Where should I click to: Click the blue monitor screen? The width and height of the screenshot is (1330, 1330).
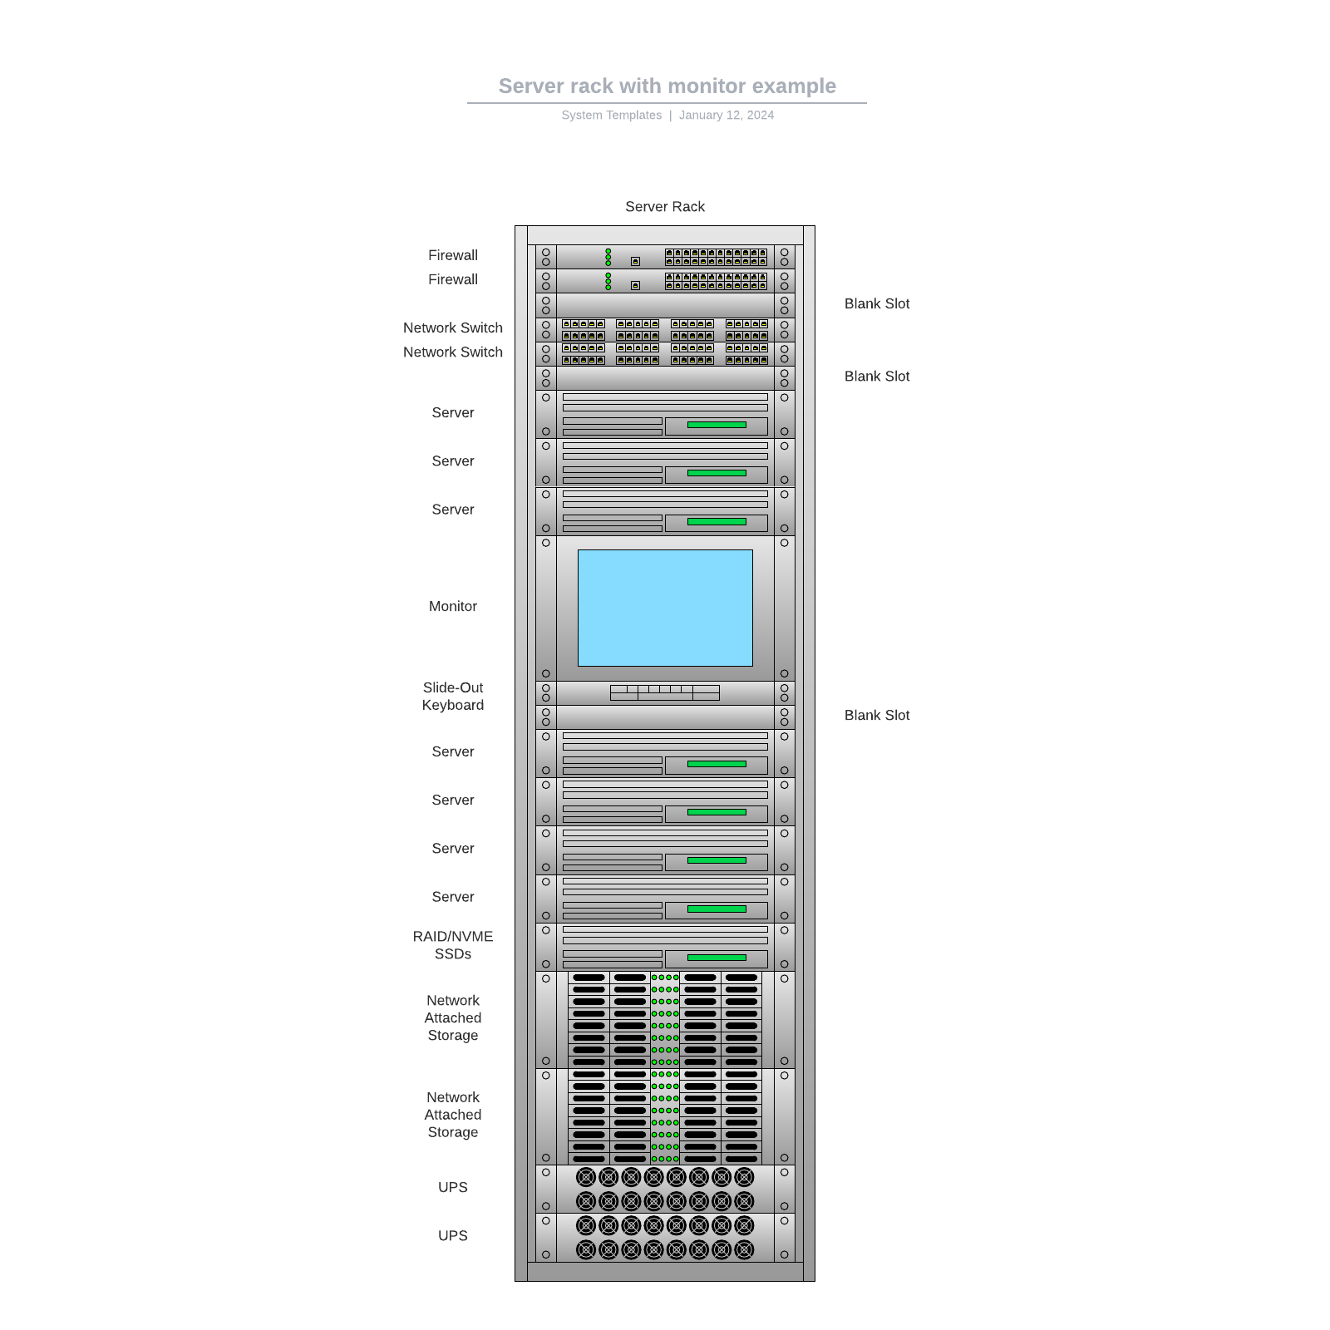665,608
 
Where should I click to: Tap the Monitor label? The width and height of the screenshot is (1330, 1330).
453,607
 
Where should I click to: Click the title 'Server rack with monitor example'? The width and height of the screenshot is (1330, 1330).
667,86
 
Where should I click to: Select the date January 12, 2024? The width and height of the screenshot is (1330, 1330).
726,116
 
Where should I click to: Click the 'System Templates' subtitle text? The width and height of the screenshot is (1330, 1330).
611,116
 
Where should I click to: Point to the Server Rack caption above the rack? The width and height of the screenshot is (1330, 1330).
664,207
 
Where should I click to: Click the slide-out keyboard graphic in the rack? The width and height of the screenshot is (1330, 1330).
664,692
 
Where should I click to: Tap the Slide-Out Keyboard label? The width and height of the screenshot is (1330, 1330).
453,697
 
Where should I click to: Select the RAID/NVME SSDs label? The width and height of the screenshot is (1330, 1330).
453,945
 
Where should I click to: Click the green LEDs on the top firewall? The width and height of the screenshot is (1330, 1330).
608,257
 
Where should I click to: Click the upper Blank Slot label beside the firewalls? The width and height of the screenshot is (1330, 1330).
876,304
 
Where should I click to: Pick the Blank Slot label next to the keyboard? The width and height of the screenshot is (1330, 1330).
876,716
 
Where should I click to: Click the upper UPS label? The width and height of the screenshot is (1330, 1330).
453,1188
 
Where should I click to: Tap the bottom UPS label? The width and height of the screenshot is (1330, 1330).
453,1236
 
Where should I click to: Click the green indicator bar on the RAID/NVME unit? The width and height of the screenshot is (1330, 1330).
717,958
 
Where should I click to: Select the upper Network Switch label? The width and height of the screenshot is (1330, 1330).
453,328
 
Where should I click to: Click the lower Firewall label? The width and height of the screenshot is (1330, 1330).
453,280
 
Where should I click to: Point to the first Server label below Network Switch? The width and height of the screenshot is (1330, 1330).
453,413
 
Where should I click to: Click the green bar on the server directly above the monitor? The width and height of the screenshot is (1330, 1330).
717,522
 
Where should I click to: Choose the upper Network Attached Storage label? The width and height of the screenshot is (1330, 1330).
453,1018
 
